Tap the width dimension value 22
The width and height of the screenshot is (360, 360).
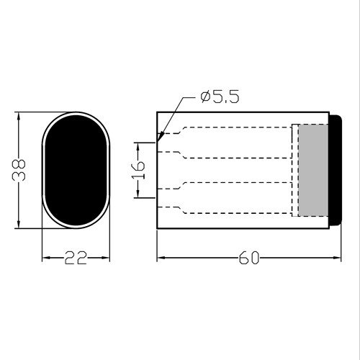tap(76, 258)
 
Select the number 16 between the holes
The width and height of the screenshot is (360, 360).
tap(139, 170)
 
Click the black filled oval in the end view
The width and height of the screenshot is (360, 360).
tap(75, 170)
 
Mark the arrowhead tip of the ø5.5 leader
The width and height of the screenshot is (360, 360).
tap(158, 136)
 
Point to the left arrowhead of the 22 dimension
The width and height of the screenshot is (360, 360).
tap(43, 258)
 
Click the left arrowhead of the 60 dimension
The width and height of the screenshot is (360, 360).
tap(159, 258)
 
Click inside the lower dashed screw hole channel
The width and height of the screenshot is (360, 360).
tap(230, 198)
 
